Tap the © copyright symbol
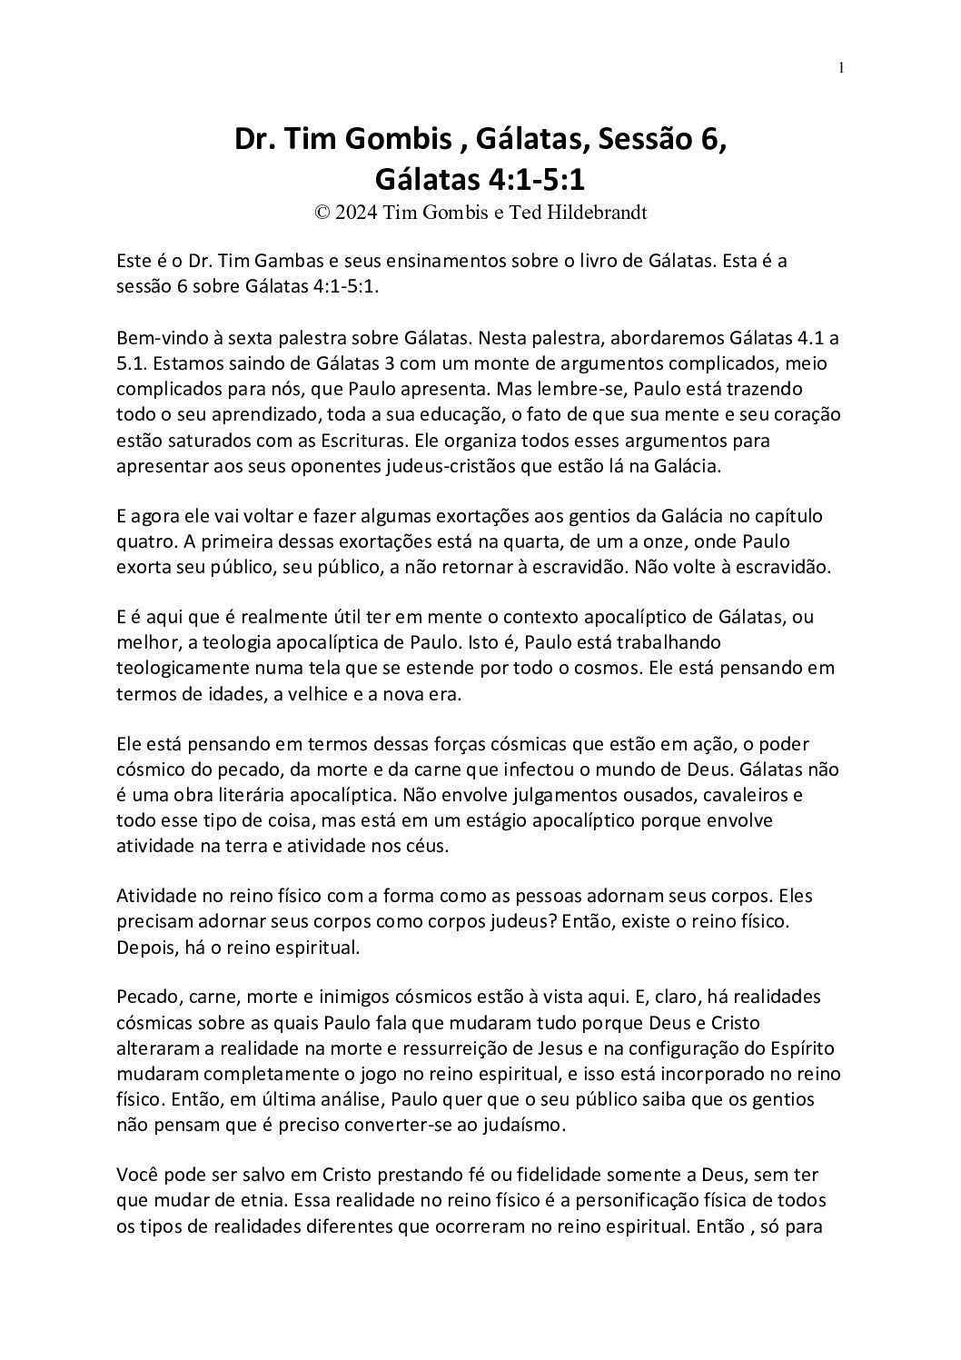[x=321, y=213]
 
